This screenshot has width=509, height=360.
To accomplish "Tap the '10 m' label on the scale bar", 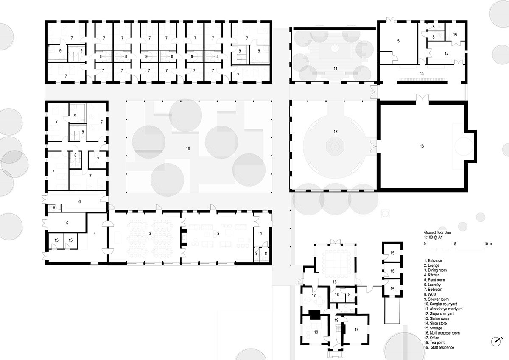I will coord(488,244).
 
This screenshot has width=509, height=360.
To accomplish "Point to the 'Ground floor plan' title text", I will coord(437,233).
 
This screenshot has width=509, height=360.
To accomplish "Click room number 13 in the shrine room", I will coord(421,146).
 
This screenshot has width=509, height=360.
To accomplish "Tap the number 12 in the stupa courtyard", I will coord(335,131).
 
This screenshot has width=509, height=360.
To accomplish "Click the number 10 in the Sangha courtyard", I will coord(188,148).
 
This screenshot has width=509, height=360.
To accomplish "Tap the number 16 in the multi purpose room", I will coord(335,282).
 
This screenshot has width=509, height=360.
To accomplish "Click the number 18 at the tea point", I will coord(336,294).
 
